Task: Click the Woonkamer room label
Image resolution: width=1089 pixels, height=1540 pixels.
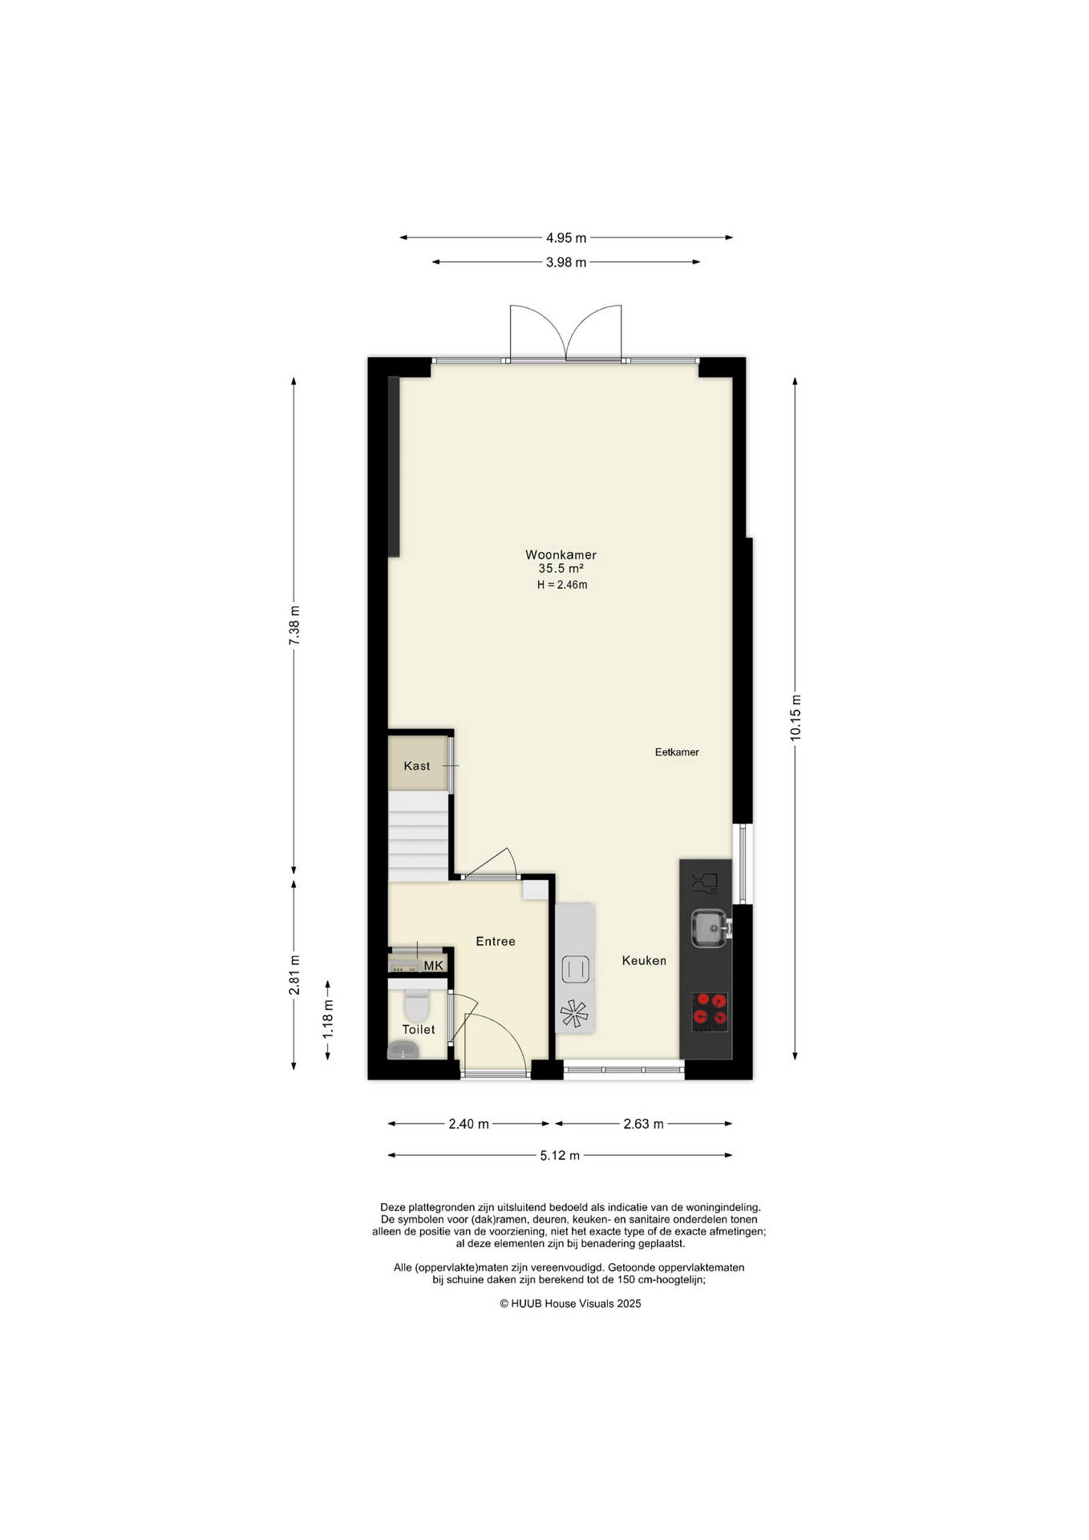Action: [561, 554]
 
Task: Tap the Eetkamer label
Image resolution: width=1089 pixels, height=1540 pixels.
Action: [677, 752]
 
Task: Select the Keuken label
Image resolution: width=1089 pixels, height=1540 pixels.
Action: [644, 960]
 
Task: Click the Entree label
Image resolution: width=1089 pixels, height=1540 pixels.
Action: [496, 942]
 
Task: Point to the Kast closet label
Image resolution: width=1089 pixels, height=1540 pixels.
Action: [417, 766]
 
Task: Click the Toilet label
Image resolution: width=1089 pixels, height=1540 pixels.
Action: [419, 1029]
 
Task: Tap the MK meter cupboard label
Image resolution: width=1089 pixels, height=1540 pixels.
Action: [433, 966]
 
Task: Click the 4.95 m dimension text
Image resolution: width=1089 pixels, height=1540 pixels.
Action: [566, 237]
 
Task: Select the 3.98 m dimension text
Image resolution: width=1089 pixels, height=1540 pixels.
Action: [566, 262]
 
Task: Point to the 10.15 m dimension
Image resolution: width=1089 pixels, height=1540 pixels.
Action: [795, 717]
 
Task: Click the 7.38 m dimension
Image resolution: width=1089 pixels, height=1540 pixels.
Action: [294, 625]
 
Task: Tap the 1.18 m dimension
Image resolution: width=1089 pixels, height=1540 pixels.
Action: [328, 1019]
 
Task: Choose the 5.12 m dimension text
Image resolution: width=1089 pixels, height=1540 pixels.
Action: [560, 1156]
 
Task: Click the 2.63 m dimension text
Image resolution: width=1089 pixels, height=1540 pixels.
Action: [644, 1124]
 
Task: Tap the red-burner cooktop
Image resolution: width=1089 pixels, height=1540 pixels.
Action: [710, 1011]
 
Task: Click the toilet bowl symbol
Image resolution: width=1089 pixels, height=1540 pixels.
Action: [417, 1004]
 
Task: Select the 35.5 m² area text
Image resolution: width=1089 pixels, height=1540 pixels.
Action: [561, 569]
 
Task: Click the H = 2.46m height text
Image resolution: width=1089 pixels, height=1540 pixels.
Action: [562, 585]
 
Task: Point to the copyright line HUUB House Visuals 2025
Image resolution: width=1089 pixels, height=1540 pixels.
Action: [570, 1303]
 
